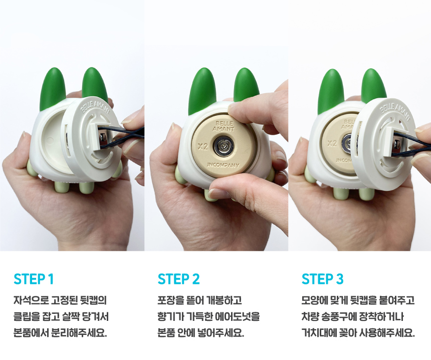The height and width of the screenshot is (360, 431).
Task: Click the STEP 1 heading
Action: [x=34, y=279]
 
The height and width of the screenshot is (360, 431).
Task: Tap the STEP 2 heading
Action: [x=179, y=279]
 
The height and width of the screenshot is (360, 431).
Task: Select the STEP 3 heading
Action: [x=323, y=279]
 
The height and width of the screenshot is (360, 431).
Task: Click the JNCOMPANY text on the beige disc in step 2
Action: [x=223, y=165]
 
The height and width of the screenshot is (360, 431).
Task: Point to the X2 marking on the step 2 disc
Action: [x=202, y=147]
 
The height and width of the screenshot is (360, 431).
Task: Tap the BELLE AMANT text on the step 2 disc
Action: [x=225, y=126]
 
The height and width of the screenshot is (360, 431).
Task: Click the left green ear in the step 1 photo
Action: [x=53, y=89]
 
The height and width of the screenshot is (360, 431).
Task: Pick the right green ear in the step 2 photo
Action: [x=246, y=85]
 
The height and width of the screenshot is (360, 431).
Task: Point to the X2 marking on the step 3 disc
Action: [x=332, y=143]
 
